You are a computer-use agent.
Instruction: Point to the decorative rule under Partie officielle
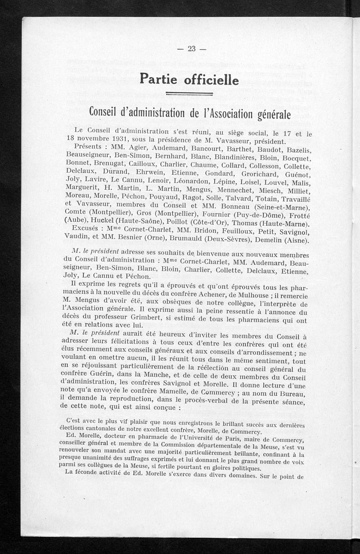pos(189,94)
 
